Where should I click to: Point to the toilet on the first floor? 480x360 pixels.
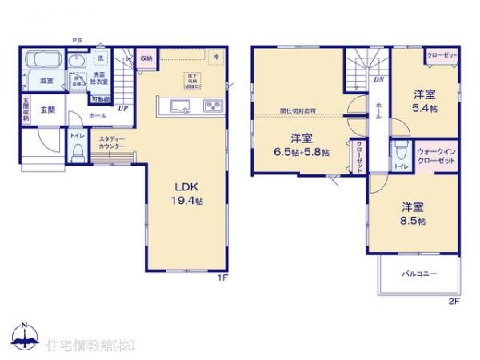(x=77, y=154)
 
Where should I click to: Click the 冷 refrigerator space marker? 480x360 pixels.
(x=216, y=57)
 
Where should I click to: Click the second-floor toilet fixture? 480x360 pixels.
(x=400, y=151)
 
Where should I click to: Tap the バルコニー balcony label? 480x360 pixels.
(x=418, y=274)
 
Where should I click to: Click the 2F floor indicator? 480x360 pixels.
(x=453, y=302)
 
